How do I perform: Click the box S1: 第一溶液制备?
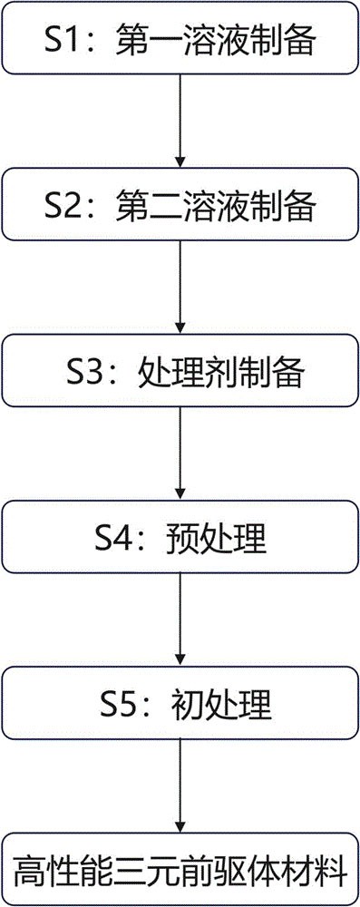180,40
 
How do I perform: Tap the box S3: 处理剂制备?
180,372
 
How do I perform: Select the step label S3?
87,372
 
